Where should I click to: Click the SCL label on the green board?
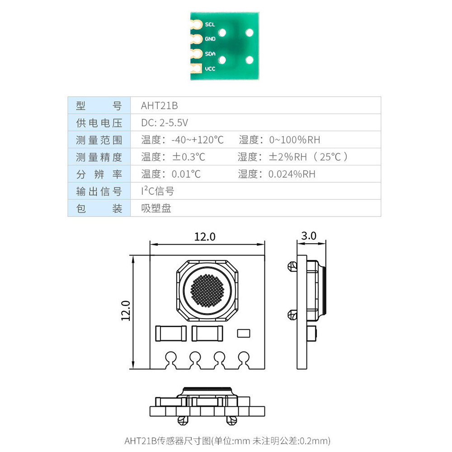tap(210, 24)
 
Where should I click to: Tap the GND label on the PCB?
tap(210, 39)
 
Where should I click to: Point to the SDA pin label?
tap(210, 54)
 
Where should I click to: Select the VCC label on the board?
tap(210, 69)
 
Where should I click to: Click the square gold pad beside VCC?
tap(196, 69)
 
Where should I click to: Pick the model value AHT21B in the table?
tap(160, 106)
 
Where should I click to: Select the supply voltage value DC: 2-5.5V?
tap(164, 122)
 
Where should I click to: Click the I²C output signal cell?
tap(157, 191)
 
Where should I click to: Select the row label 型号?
tap(99, 106)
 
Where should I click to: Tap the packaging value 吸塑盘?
tap(156, 208)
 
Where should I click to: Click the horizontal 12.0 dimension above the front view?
tap(205, 236)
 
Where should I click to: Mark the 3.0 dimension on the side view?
tap(308, 236)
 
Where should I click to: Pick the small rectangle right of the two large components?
tap(243, 333)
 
